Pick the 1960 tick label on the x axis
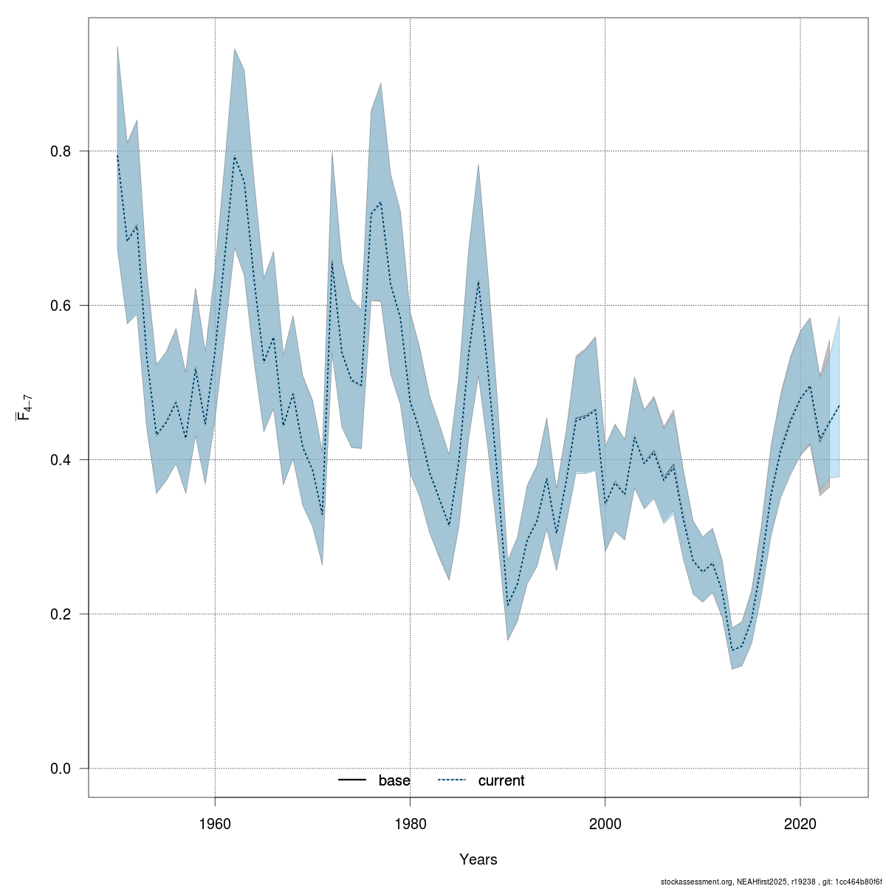point(215,823)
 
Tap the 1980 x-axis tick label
point(410,823)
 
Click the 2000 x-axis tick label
point(605,823)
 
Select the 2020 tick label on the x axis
point(800,823)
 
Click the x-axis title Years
point(478,859)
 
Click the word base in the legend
point(394,780)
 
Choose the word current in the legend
point(501,780)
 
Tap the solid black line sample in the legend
point(353,780)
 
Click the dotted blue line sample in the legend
point(452,780)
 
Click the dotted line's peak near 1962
point(235,157)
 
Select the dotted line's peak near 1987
point(478,281)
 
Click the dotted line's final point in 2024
point(839,405)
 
